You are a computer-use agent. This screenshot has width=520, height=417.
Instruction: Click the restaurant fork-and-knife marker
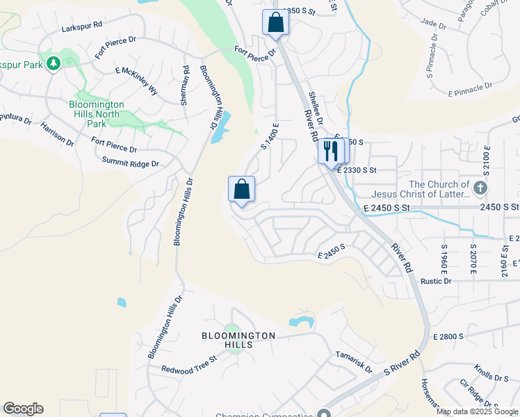330,151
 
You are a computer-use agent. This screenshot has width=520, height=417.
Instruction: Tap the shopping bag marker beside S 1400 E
241,188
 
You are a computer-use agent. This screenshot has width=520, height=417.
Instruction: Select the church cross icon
480,188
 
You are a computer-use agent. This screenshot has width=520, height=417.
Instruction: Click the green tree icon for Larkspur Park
54,64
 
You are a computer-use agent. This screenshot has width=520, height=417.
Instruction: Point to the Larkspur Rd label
81,24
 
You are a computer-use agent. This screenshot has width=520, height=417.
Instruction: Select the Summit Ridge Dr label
131,163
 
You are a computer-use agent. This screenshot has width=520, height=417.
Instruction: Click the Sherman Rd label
184,85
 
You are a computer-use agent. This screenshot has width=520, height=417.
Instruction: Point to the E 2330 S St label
357,170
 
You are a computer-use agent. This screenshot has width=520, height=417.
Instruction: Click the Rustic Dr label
436,281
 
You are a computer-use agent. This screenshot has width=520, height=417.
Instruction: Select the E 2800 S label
448,336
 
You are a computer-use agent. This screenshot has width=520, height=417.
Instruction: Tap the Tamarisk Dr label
354,361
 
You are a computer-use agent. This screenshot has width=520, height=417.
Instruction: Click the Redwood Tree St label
189,364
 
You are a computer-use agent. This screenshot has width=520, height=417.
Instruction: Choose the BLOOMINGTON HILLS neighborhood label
238,340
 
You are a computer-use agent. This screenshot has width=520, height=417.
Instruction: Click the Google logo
23,409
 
